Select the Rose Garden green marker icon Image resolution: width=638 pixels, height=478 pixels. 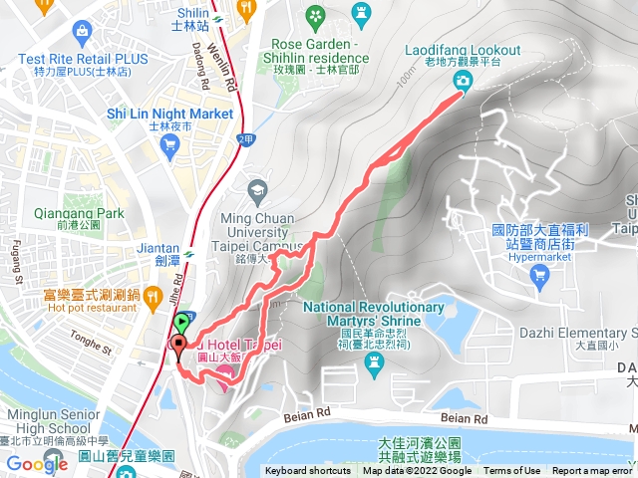tap(316, 16)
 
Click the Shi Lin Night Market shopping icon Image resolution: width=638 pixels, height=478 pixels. tap(169, 145)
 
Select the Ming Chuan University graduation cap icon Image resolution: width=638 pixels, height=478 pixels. tap(257, 189)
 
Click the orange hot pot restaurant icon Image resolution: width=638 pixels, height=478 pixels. tap(152, 296)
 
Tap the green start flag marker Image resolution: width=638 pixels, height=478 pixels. tap(182, 324)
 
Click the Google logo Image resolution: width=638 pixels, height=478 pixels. tap(37, 464)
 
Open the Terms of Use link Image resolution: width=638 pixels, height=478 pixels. tap(512, 471)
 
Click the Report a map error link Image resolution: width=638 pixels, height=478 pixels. tap(592, 471)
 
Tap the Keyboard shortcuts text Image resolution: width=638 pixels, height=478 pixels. tap(308, 471)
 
